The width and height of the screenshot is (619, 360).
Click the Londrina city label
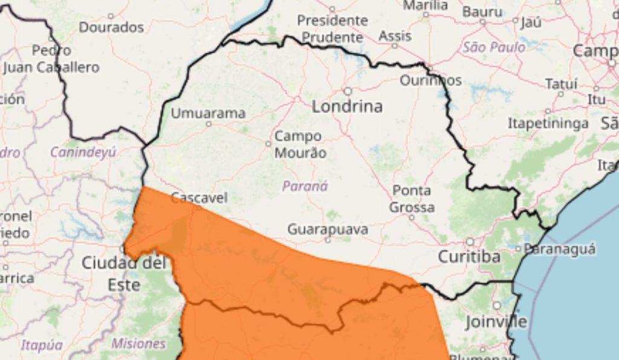click(x=347, y=107)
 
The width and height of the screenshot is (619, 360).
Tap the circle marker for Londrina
click(x=348, y=91)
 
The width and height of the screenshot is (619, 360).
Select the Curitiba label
click(x=469, y=257)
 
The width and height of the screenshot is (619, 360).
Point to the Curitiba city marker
click(x=470, y=242)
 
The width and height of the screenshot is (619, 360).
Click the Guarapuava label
click(x=328, y=229)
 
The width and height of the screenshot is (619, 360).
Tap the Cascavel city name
click(x=199, y=197)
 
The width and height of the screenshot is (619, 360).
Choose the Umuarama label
click(x=208, y=113)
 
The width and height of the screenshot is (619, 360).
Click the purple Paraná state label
click(x=305, y=186)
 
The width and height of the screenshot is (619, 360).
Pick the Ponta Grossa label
click(x=412, y=199)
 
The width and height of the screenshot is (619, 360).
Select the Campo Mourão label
click(x=300, y=144)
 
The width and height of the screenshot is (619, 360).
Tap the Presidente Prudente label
click(x=332, y=28)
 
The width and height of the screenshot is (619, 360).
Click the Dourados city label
click(x=111, y=27)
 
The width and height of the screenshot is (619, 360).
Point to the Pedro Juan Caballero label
click(x=51, y=59)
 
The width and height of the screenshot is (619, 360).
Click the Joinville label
click(x=496, y=321)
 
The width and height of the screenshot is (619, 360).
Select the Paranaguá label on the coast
click(x=559, y=248)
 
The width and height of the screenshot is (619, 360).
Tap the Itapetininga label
click(x=548, y=123)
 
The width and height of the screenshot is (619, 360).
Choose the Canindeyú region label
click(x=83, y=152)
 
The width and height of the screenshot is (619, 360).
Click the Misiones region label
click(x=138, y=343)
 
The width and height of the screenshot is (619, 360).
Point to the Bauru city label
click(x=482, y=11)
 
